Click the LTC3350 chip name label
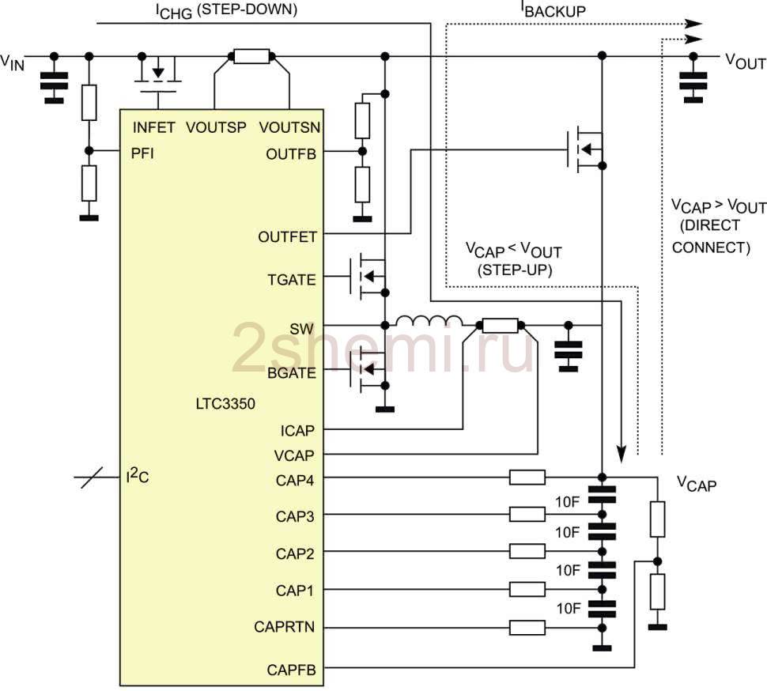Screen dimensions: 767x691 [225, 403]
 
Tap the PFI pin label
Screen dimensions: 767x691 [142, 153]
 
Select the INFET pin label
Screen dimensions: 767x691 [153, 127]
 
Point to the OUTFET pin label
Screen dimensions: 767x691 [287, 237]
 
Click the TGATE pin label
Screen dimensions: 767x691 [292, 280]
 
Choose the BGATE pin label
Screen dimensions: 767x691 [292, 372]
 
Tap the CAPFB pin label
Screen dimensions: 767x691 [291, 670]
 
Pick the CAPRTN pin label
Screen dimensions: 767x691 [284, 627]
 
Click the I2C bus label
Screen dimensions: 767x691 [138, 475]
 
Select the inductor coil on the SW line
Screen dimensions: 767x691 [429, 320]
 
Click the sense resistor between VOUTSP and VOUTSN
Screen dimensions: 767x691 [251, 56]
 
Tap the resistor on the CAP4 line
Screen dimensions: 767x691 [527, 478]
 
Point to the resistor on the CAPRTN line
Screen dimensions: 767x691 [527, 628]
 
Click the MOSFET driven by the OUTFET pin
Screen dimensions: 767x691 [585, 149]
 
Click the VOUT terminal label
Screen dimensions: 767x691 [745, 62]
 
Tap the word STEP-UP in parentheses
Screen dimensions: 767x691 [515, 270]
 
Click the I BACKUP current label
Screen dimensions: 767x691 [554, 9]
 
